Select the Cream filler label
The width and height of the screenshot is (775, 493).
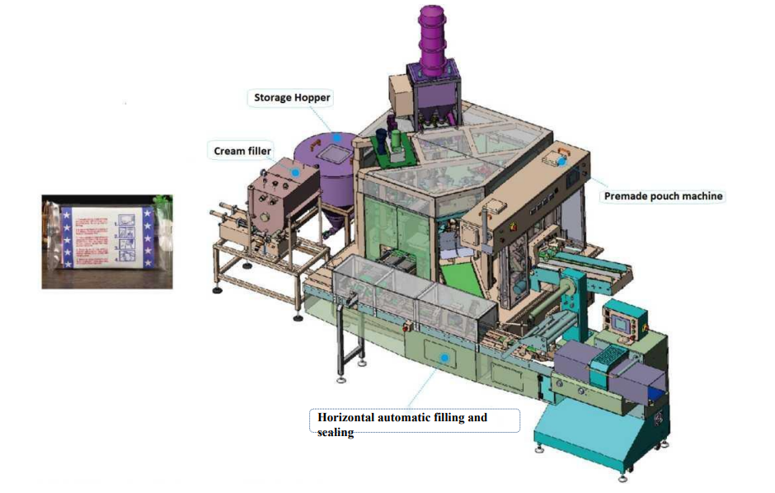point(241,151)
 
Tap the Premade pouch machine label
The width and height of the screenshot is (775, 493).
point(663,196)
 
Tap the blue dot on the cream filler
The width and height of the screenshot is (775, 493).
point(294,171)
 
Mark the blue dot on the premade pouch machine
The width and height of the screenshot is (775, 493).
point(563,162)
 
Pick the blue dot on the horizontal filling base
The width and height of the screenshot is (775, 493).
point(445,356)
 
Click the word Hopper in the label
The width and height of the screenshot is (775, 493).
point(314,98)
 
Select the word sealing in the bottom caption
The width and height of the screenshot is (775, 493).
point(336,432)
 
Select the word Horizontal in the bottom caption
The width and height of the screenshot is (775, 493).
point(346,417)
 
